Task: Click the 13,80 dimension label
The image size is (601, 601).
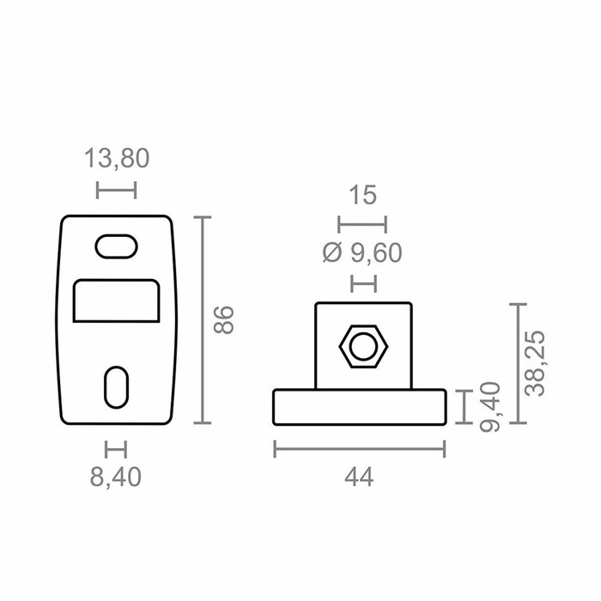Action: [116, 159]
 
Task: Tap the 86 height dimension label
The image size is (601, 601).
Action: [223, 319]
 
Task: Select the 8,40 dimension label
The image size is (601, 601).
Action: [116, 477]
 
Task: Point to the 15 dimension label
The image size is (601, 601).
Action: [362, 196]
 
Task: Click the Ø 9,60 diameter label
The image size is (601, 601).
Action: [362, 252]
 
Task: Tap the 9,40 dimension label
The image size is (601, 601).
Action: [488, 406]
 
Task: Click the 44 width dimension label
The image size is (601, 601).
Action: [360, 477]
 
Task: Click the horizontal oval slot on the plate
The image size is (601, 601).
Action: [116, 246]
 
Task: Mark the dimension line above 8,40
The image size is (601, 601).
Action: [116, 449]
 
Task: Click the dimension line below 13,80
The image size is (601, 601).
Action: [116, 190]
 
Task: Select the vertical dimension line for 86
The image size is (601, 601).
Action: [202, 320]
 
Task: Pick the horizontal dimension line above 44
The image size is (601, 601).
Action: [360, 449]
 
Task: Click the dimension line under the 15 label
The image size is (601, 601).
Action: [362, 225]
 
